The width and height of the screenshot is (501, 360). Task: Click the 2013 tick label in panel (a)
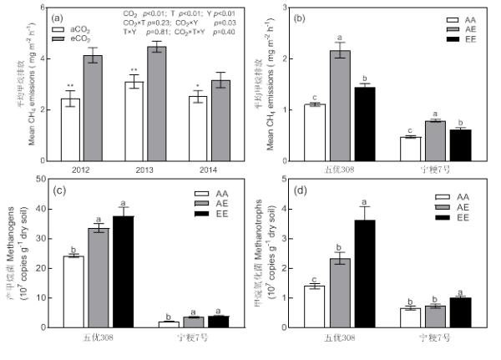pyautogui.click(x=134, y=170)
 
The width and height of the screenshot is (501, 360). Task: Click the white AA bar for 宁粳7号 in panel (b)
pyautogui.click(x=408, y=149)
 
